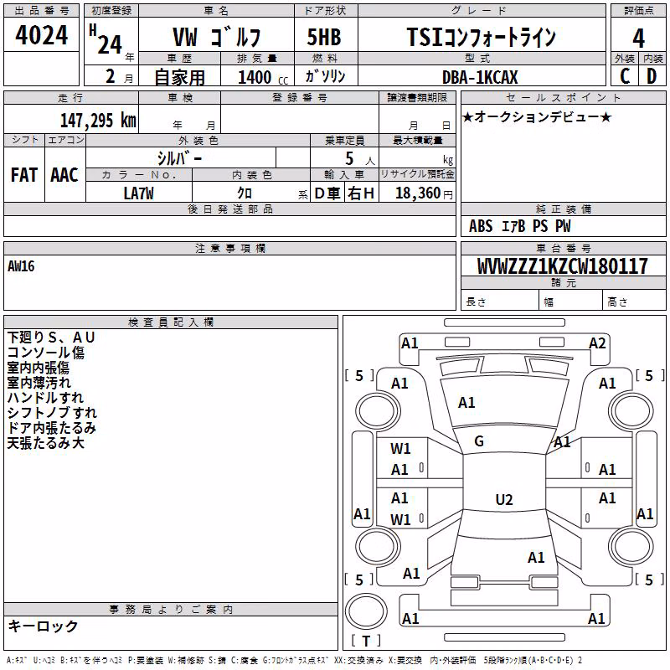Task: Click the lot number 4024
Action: point(41,35)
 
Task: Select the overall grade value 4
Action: point(638,39)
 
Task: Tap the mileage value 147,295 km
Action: point(98,121)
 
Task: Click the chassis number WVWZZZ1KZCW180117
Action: point(563,266)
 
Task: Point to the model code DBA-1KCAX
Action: point(480,77)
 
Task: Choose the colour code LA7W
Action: point(138,193)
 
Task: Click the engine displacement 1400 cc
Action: point(263,77)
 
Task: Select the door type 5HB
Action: point(324,37)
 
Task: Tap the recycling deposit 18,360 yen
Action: point(424,193)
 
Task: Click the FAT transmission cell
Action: point(24,175)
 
